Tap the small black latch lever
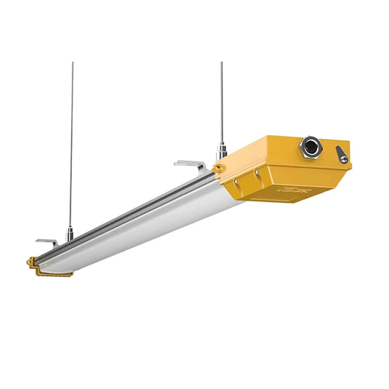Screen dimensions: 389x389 tap(342, 155)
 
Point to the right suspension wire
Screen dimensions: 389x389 tap(221, 97)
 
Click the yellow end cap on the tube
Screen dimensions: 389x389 tap(49, 267)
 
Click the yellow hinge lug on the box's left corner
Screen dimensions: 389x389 tap(216, 168)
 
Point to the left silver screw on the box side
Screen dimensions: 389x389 tap(237, 183)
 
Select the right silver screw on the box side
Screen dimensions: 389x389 tap(256, 172)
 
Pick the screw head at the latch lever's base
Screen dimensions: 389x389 tap(344, 159)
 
